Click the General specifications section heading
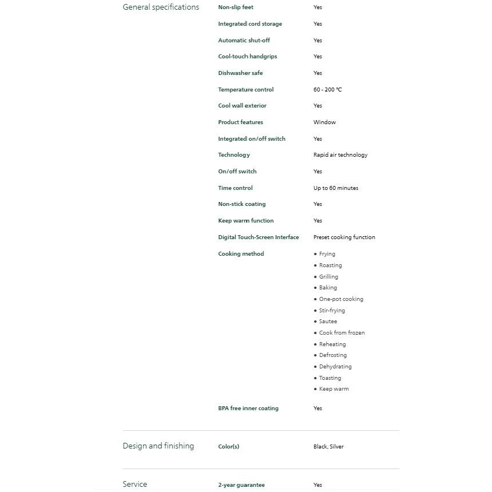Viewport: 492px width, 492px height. [x=161, y=7]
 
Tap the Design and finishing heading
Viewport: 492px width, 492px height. [x=158, y=446]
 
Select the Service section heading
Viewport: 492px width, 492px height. [x=134, y=485]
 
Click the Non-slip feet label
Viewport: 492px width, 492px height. [x=236, y=7]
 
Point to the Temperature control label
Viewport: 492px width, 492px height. [x=245, y=90]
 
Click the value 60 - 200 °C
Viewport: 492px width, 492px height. [x=327, y=90]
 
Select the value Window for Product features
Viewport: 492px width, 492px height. [x=324, y=122]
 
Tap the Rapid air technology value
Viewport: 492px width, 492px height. [x=340, y=155]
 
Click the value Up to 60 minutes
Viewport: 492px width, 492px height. [x=336, y=188]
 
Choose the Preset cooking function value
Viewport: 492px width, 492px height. [x=344, y=237]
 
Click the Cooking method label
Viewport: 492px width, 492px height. [x=241, y=254]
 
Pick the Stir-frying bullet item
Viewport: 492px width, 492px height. [x=332, y=311]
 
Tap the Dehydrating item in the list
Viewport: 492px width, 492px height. [x=335, y=367]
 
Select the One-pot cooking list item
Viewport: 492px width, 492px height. [x=341, y=299]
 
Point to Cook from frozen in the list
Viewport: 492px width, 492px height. [x=342, y=333]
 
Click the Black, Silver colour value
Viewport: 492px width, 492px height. [x=328, y=447]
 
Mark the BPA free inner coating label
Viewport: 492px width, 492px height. [x=248, y=408]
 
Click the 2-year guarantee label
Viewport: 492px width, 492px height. [x=241, y=485]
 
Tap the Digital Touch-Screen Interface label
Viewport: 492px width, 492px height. [x=258, y=237]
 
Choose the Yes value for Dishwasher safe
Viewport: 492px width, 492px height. [x=318, y=73]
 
